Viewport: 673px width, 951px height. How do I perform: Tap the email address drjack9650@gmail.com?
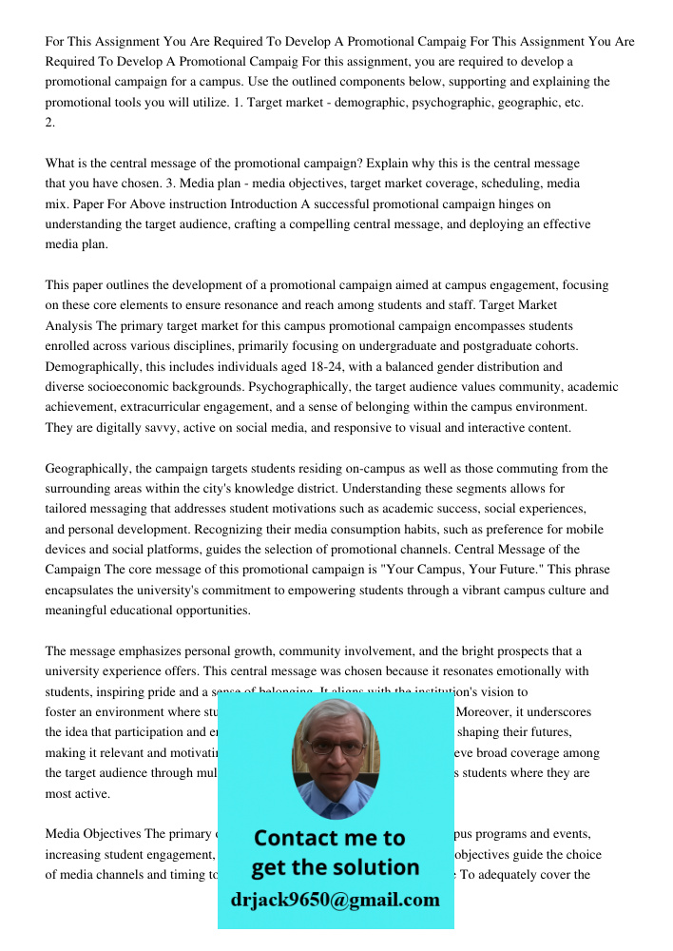tap(335, 899)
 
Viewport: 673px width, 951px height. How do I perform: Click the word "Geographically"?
tap(88, 469)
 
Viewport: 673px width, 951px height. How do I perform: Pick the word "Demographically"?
tap(92, 367)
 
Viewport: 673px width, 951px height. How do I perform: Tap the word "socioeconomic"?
tap(130, 387)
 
